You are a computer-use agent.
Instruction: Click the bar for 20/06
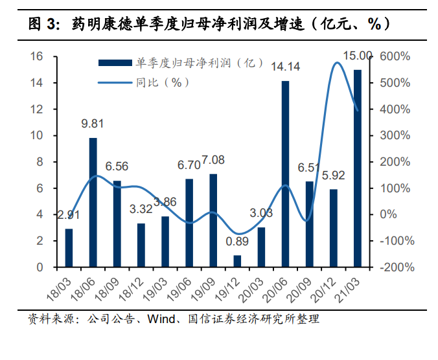[x=285, y=174]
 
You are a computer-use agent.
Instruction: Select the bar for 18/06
[x=93, y=202]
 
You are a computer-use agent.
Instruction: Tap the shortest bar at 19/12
[x=237, y=261]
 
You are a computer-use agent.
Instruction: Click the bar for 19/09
[x=213, y=220]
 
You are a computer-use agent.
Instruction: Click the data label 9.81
[x=93, y=124]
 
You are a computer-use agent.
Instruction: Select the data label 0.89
[x=237, y=242]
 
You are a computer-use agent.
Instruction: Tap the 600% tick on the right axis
[x=395, y=57]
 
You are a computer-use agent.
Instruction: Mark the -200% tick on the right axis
[x=393, y=267]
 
